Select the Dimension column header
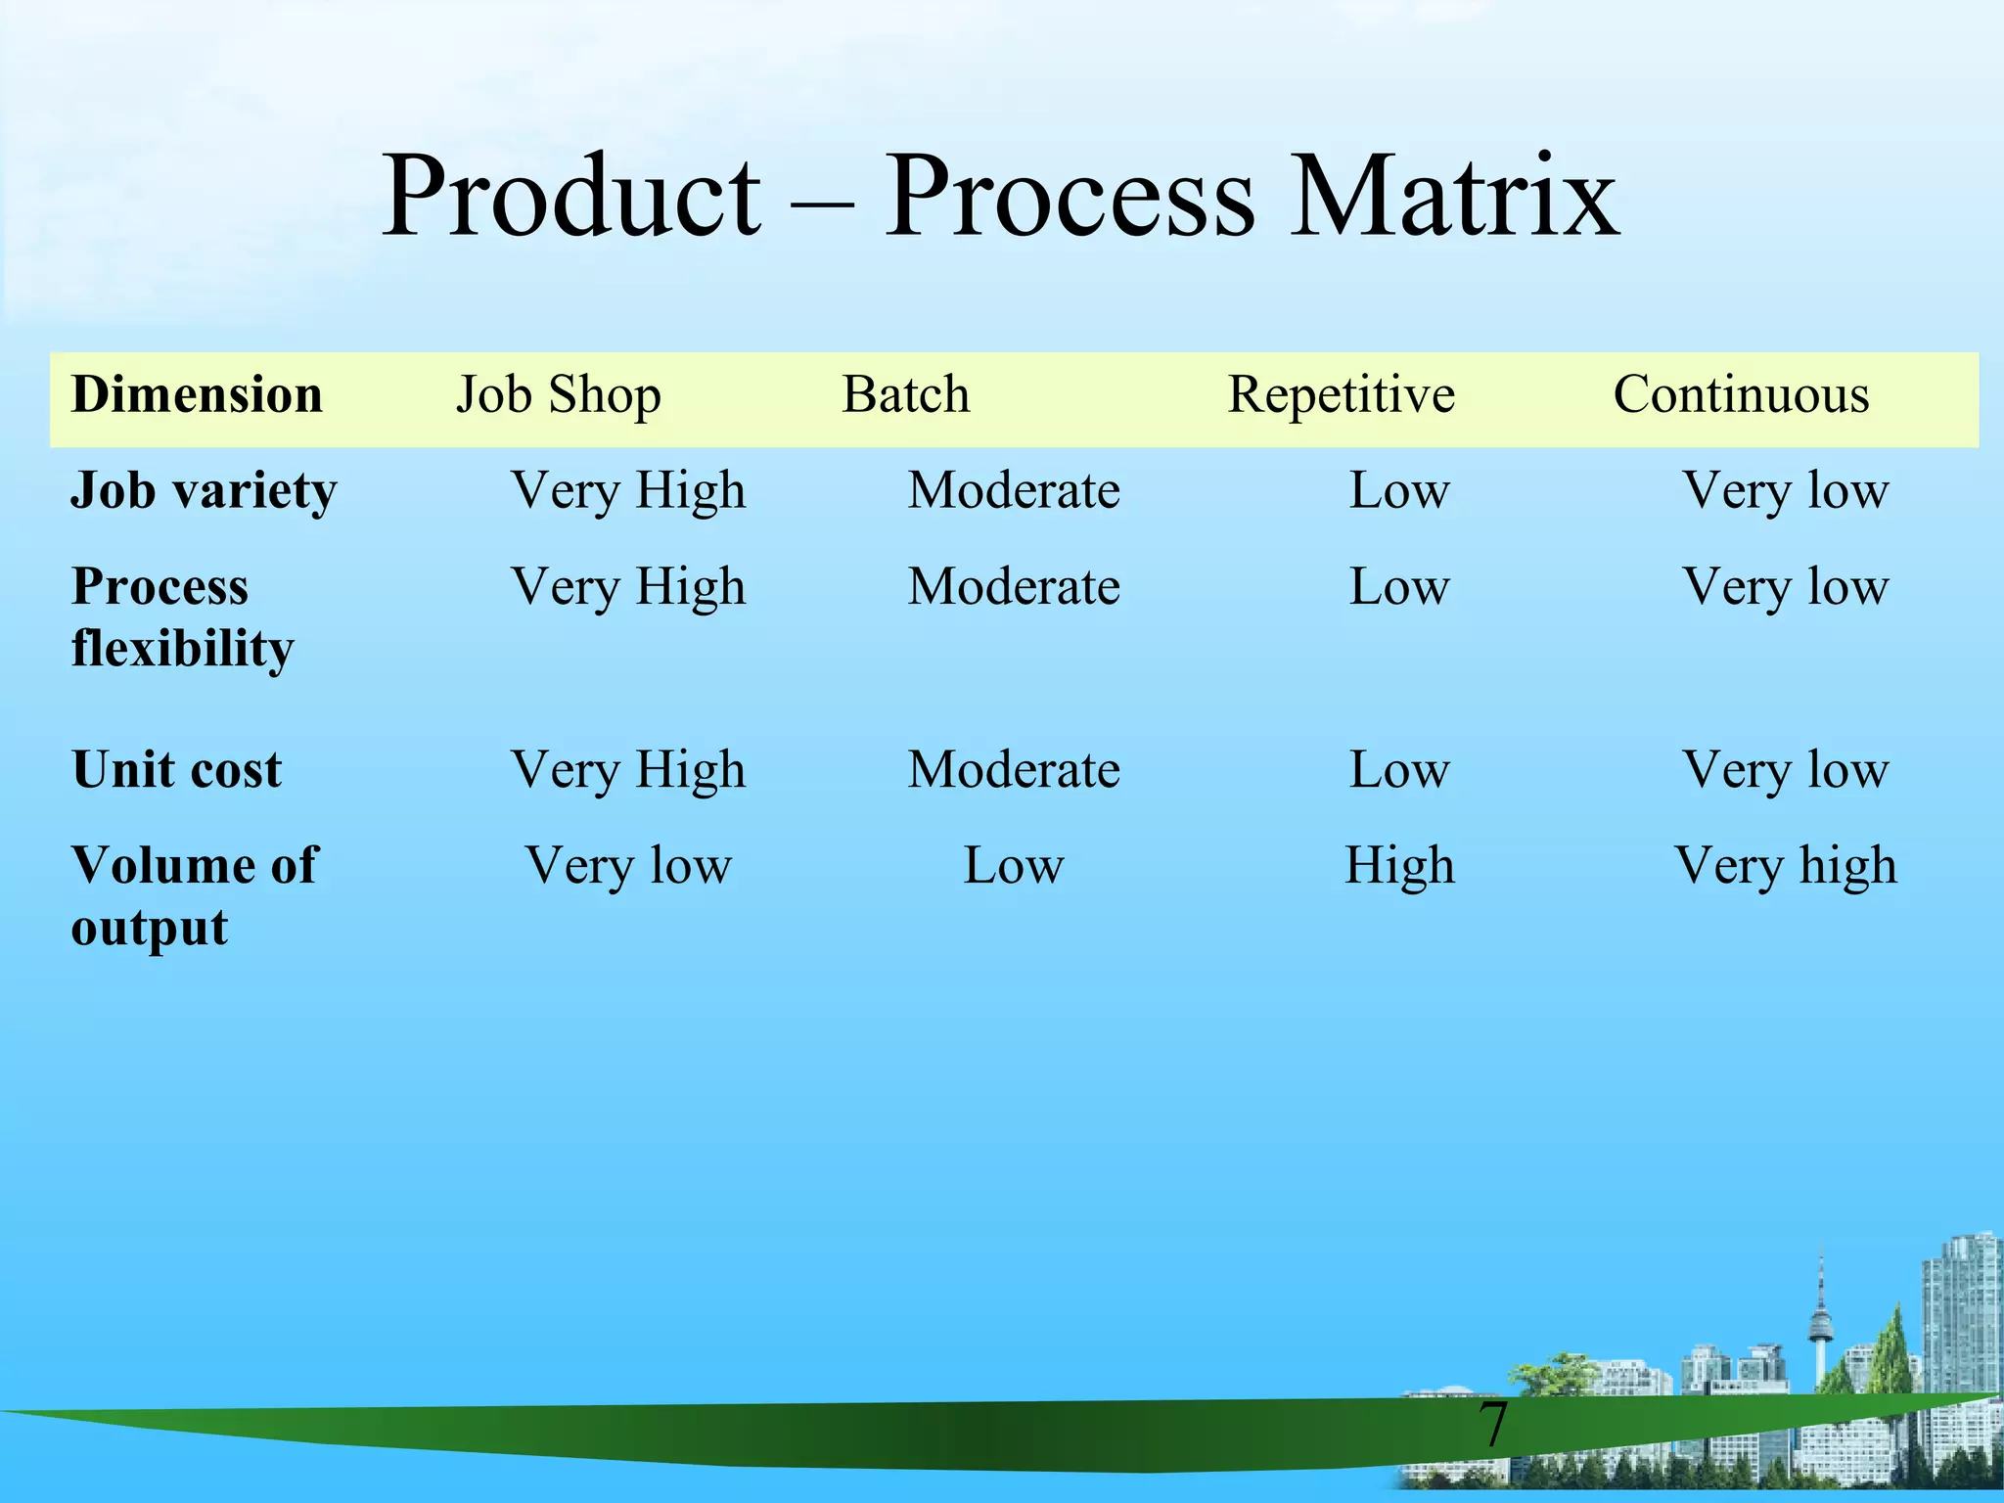click(x=197, y=395)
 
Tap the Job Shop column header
click(x=559, y=395)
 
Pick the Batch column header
click(x=906, y=395)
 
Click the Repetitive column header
click(x=1341, y=395)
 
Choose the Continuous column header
click(x=1741, y=395)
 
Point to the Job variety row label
click(x=204, y=490)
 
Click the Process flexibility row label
click(x=182, y=616)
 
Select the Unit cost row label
click(x=176, y=769)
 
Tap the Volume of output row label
click(x=194, y=895)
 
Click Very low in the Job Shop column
click(x=628, y=866)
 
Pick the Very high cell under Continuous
click(x=1785, y=866)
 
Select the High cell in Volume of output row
click(x=1399, y=866)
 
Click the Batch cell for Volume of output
click(x=1014, y=866)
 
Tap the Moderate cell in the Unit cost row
click(x=1014, y=769)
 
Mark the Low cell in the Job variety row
click(x=1399, y=490)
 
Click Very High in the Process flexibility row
click(x=628, y=587)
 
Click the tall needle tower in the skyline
click(x=1820, y=1321)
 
